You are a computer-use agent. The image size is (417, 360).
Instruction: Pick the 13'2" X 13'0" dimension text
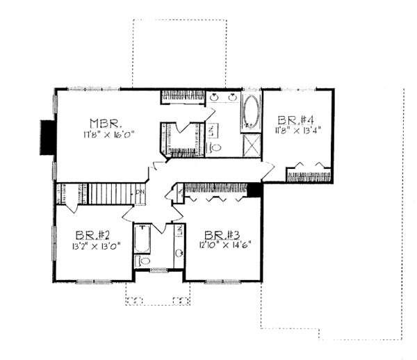tap(81, 245)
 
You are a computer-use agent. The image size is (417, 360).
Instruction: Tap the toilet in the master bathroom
tap(214, 147)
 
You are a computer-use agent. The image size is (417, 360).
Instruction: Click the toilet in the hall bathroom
tap(144, 260)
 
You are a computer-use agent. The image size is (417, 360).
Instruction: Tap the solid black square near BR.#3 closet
tap(254, 189)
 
